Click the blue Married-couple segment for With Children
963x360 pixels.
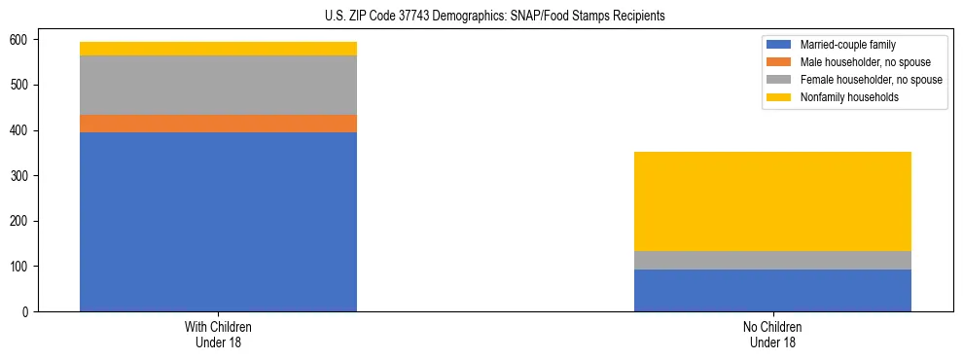click(x=218, y=222)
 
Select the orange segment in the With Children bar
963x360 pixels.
click(x=218, y=124)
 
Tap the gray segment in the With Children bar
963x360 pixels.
click(x=218, y=86)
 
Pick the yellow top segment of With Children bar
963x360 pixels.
click(x=218, y=49)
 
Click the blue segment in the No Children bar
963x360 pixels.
click(x=772, y=290)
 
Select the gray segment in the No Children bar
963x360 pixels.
click(x=772, y=260)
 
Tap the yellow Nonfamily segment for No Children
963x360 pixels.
click(x=772, y=201)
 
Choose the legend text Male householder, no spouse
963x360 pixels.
click(x=865, y=62)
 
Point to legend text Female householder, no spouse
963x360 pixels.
click(x=871, y=80)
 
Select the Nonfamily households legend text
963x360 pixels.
click(x=849, y=97)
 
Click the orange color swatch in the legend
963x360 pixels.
click(x=780, y=62)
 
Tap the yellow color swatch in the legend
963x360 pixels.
click(x=780, y=97)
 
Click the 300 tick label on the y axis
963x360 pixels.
click(x=25, y=176)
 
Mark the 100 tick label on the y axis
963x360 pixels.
click(x=25, y=267)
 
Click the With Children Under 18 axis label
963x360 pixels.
click(x=218, y=335)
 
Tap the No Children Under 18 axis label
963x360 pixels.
click(x=772, y=335)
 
